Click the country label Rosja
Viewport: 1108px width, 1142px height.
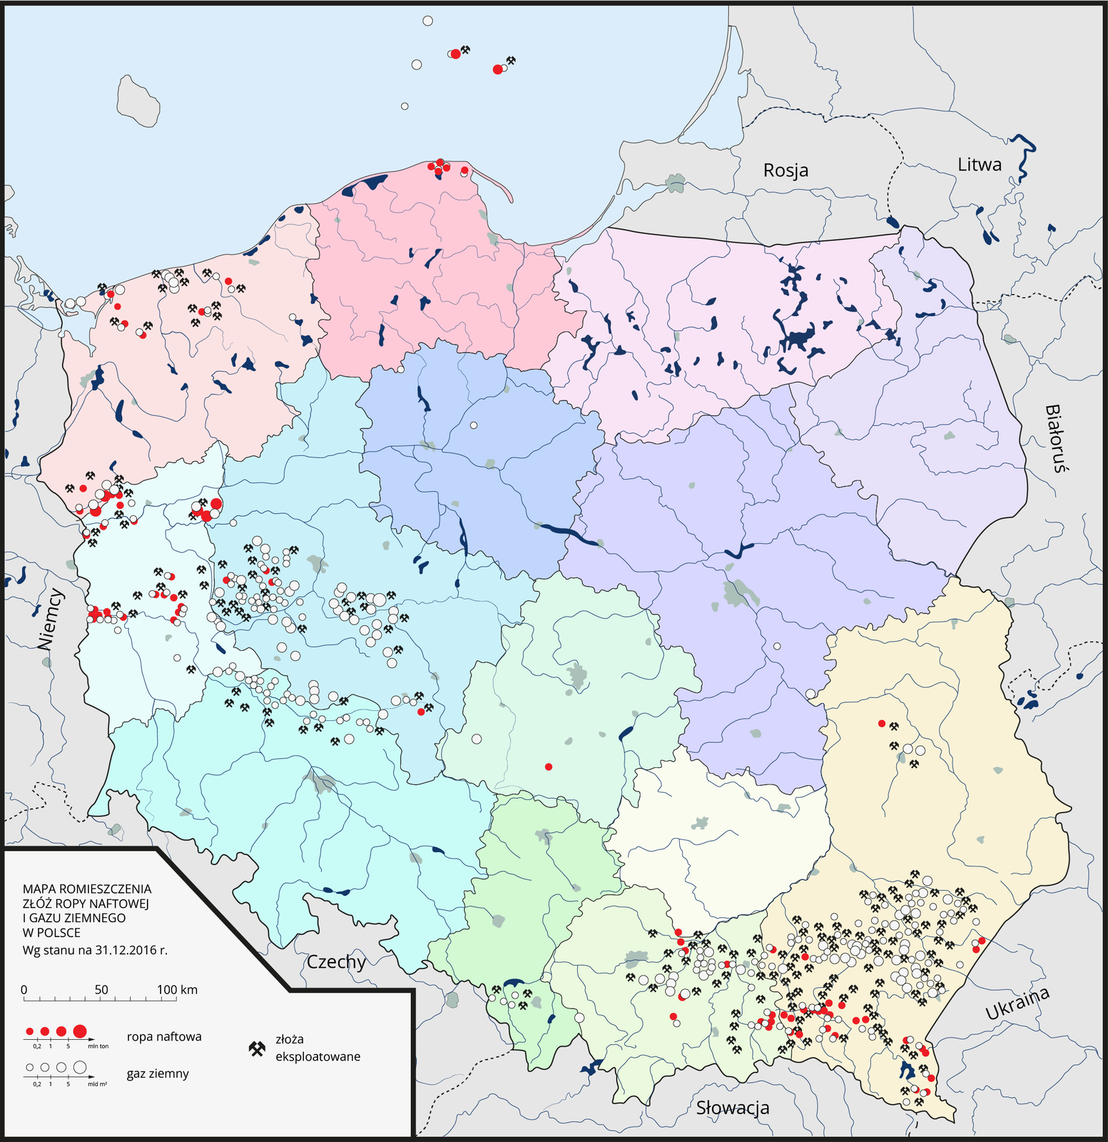786,171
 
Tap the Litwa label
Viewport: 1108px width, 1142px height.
979,165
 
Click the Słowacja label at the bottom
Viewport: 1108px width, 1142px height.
733,1108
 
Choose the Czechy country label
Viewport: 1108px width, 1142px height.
336,962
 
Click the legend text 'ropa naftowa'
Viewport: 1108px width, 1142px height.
164,1036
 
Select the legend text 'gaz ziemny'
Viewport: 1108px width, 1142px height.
158,1073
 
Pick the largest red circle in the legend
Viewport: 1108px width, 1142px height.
79,1031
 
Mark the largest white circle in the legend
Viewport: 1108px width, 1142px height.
79,1067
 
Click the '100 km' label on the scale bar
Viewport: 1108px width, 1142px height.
178,990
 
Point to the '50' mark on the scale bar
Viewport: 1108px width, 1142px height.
101,990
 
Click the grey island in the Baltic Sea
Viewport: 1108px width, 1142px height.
138,100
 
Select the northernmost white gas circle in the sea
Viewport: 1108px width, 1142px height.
427,21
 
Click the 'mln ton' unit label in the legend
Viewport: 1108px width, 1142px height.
98,1046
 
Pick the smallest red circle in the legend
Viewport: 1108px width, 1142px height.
29,1031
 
